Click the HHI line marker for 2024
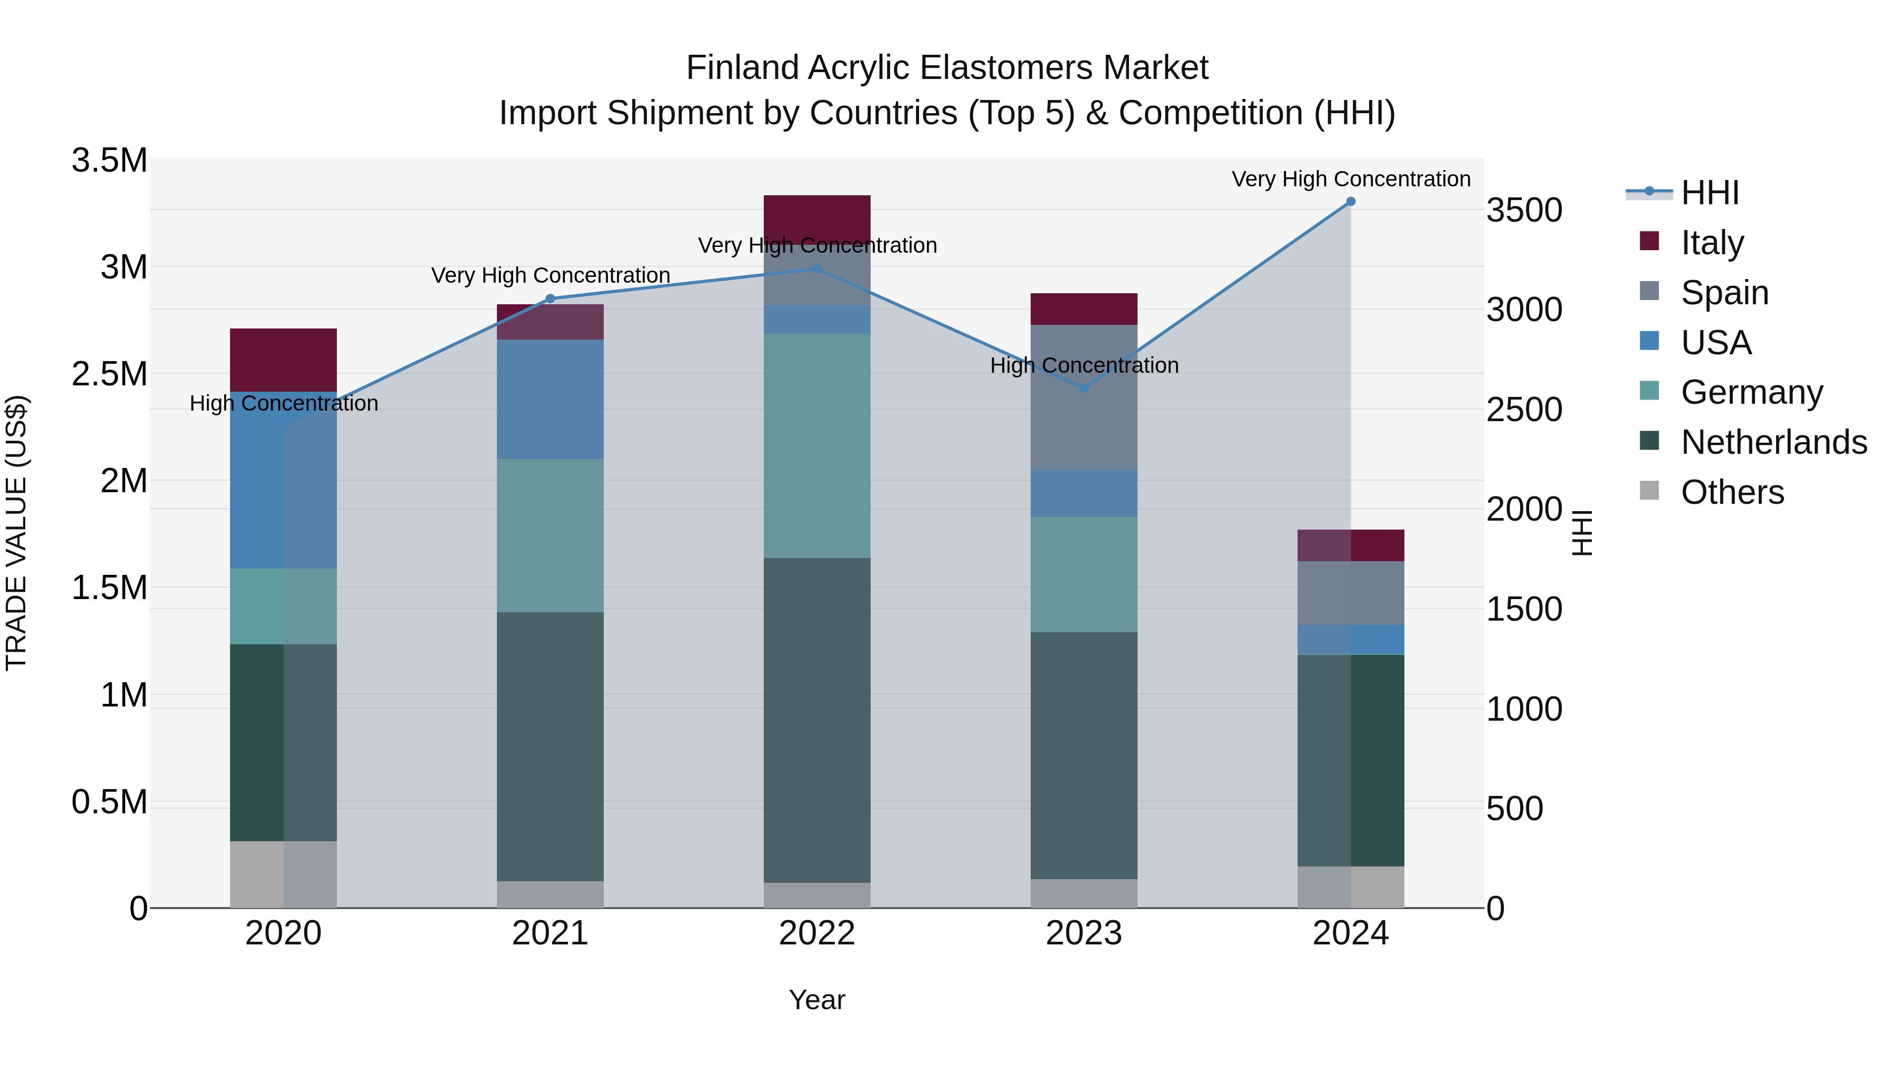[1351, 202]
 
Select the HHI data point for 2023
[1084, 387]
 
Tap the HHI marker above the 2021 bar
[550, 298]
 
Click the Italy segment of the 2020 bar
[283, 360]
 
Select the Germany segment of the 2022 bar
[816, 446]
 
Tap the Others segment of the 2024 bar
[1351, 886]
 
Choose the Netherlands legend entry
[1773, 442]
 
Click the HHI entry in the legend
[1709, 193]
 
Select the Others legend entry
[1732, 492]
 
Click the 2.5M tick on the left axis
[109, 374]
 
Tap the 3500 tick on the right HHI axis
[1524, 211]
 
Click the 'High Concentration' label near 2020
[284, 403]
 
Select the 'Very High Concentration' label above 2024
[1351, 179]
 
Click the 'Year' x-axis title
[816, 1000]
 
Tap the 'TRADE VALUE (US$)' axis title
[17, 533]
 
